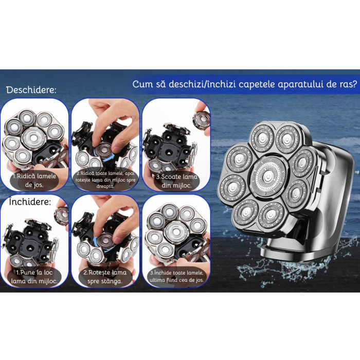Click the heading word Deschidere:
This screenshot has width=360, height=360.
pyautogui.click(x=31, y=90)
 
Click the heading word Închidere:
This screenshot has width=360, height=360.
pyautogui.click(x=30, y=202)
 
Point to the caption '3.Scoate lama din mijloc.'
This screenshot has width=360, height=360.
pyautogui.click(x=176, y=181)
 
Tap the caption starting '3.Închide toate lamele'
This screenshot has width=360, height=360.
pyautogui.click(x=176, y=276)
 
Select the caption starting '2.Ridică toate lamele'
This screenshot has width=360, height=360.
pyautogui.click(x=105, y=180)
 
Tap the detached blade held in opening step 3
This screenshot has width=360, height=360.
pyautogui.click(x=201, y=119)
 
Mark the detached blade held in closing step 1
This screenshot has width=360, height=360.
pyautogui.click(x=62, y=215)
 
